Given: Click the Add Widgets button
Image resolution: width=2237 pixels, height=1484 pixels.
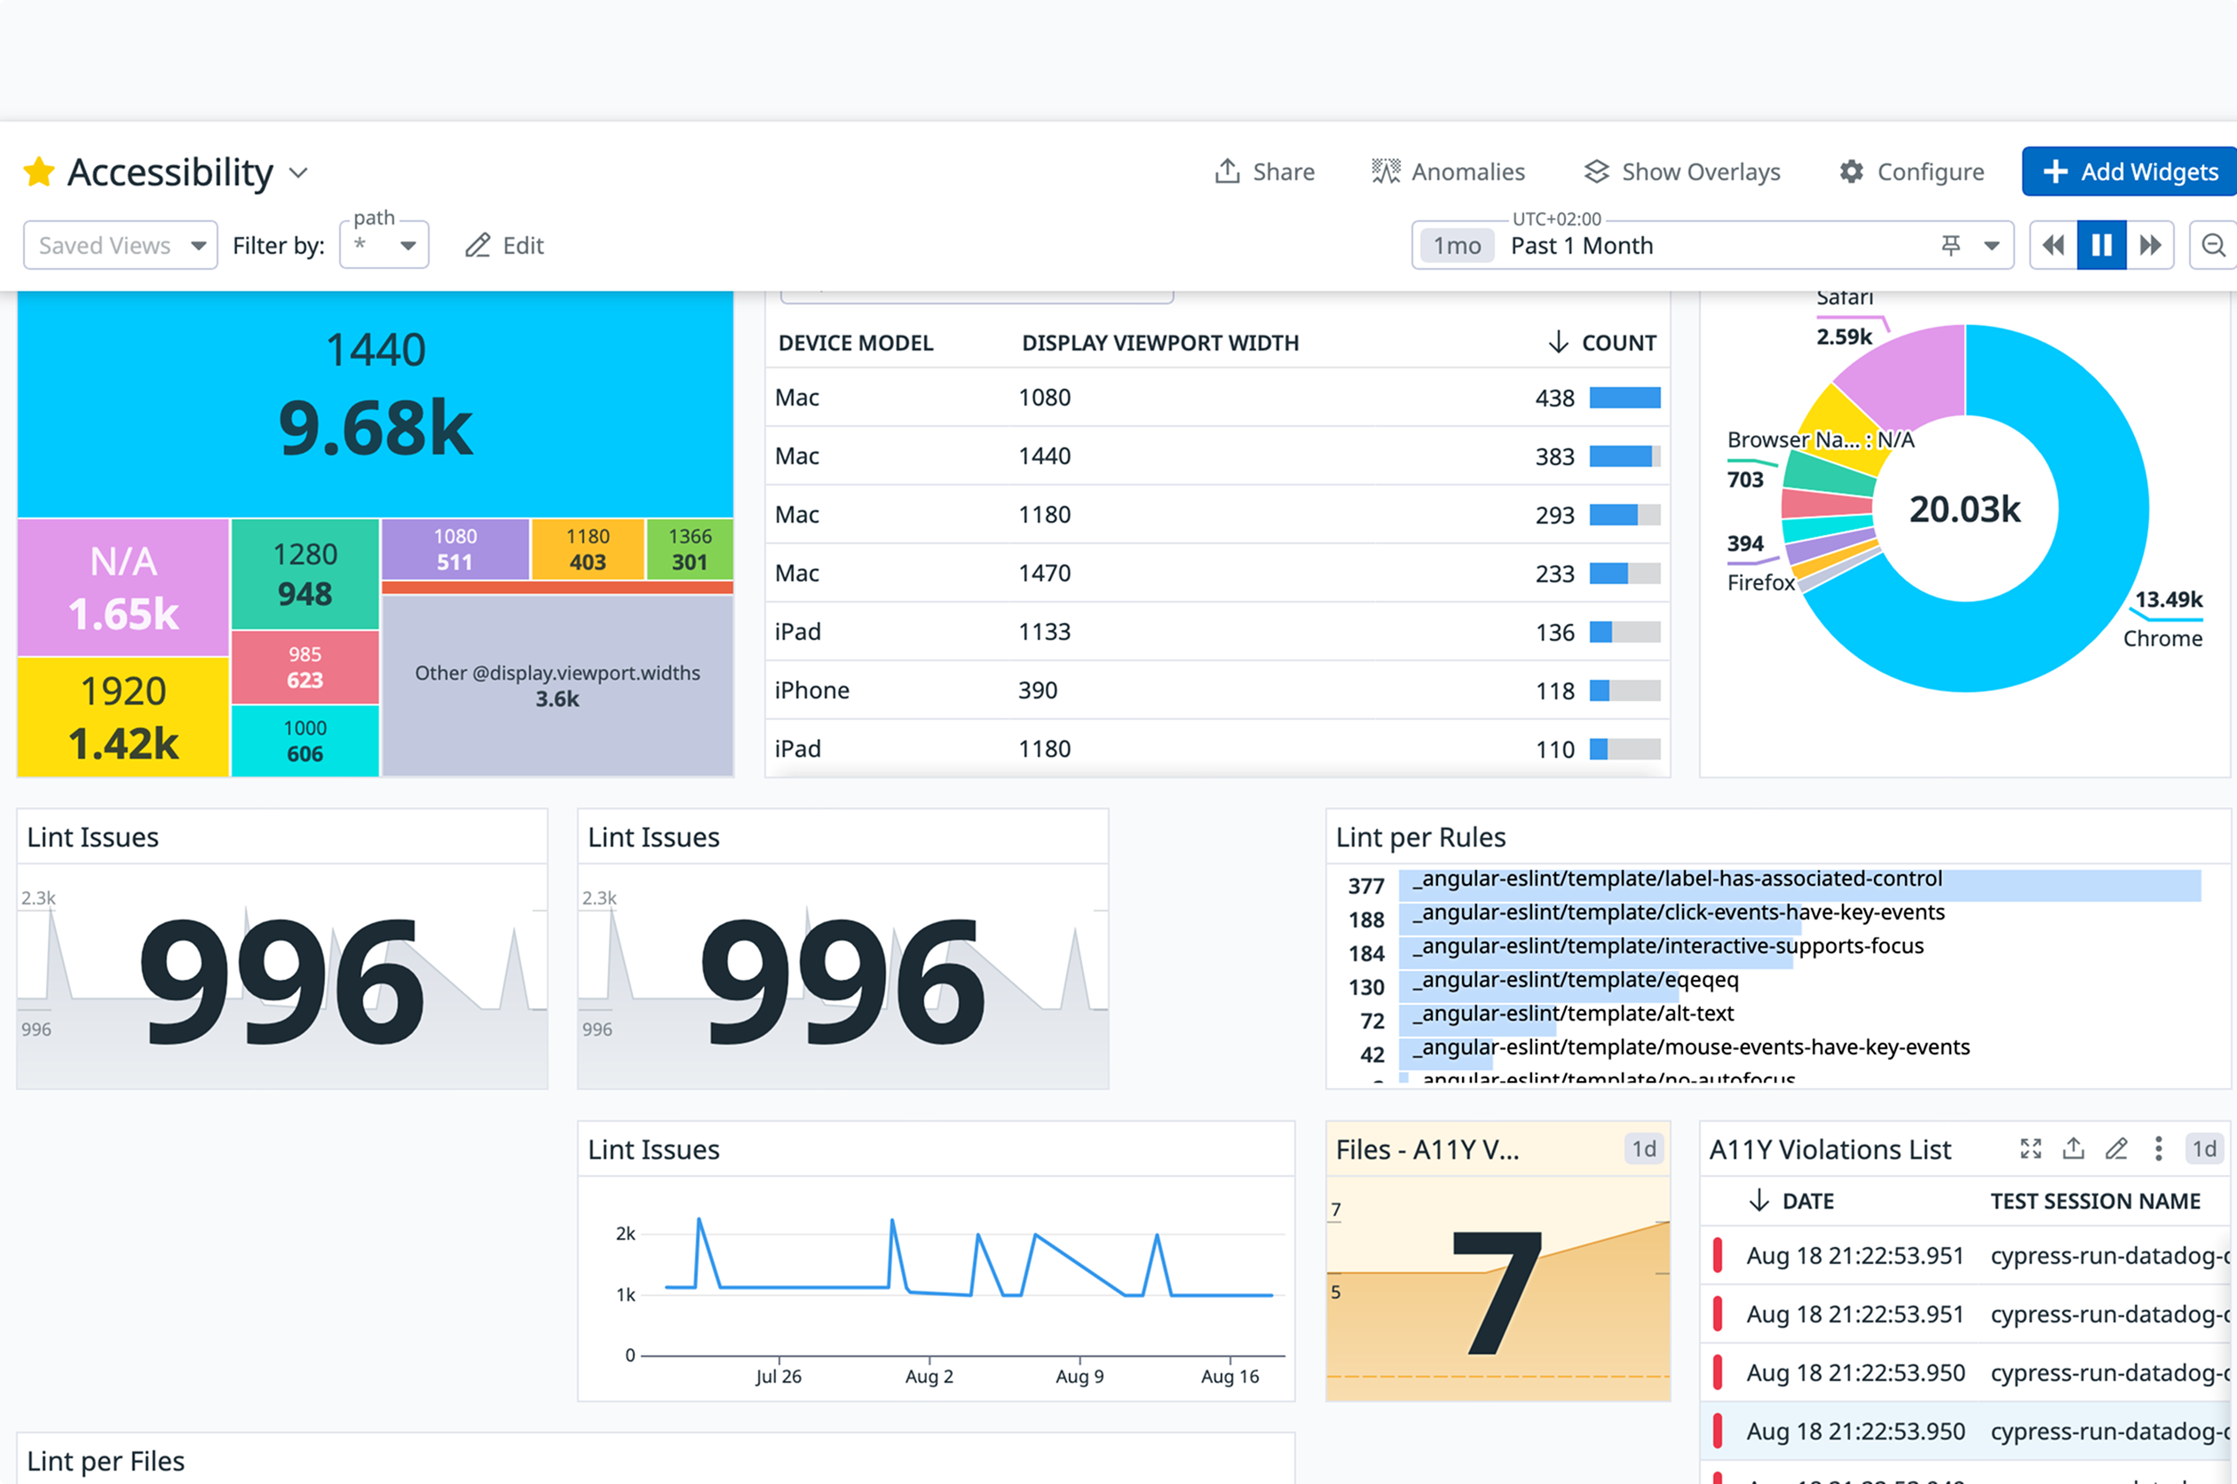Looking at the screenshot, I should pyautogui.click(x=2129, y=171).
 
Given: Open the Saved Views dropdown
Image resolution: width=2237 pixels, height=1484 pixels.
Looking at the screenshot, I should pyautogui.click(x=120, y=245).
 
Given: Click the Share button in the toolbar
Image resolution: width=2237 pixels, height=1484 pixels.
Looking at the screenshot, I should pyautogui.click(x=1264, y=171).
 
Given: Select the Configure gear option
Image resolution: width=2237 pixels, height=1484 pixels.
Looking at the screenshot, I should pyautogui.click(x=1911, y=171).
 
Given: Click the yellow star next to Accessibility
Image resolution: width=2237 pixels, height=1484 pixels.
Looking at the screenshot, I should pyautogui.click(x=39, y=172).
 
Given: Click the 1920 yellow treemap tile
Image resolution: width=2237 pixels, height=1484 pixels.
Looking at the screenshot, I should pyautogui.click(x=123, y=716).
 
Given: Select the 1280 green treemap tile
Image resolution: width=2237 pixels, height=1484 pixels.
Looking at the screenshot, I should pyautogui.click(x=304, y=572).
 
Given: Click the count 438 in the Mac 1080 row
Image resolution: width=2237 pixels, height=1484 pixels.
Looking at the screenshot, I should pyautogui.click(x=1553, y=398).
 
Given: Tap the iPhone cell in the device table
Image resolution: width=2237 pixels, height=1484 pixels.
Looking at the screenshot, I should pyautogui.click(x=812, y=690).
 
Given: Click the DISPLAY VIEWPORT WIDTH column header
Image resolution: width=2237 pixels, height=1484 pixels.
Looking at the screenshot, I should pyautogui.click(x=1159, y=343).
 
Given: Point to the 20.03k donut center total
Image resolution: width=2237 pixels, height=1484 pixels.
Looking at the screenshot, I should pyautogui.click(x=1964, y=509).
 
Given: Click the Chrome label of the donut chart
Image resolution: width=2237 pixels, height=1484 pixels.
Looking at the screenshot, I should pyautogui.click(x=2162, y=638).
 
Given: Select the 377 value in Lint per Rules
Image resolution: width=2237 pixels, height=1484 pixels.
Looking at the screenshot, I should pyautogui.click(x=1365, y=886).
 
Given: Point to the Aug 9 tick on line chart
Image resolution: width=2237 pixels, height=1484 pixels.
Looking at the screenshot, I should pyautogui.click(x=1079, y=1375).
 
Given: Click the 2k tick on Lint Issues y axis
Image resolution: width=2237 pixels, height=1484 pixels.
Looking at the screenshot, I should pyautogui.click(x=626, y=1233).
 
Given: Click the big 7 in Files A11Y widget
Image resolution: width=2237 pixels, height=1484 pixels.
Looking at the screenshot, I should pyautogui.click(x=1497, y=1292).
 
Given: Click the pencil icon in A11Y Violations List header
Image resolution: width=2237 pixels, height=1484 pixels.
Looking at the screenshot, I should pyautogui.click(x=2116, y=1149).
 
